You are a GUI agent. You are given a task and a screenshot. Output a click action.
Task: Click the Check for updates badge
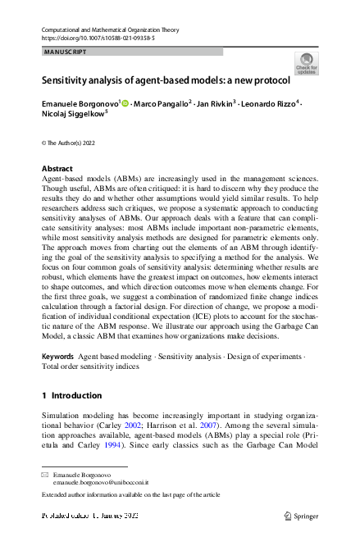(x=307, y=64)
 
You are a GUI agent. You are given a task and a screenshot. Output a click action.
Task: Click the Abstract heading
(x=57, y=169)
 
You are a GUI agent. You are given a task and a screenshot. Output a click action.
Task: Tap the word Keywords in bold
(x=57, y=381)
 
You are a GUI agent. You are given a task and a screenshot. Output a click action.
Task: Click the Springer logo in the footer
(x=301, y=516)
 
